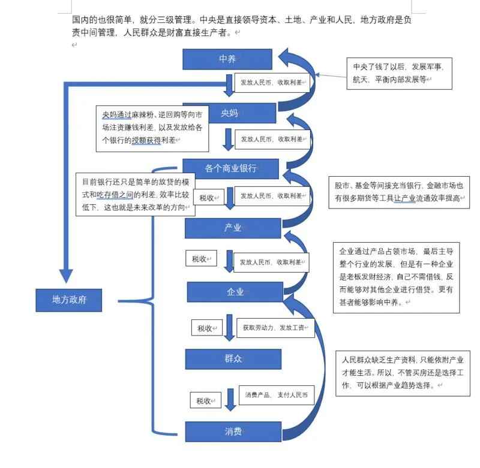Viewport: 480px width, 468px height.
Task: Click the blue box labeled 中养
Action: click(x=227, y=59)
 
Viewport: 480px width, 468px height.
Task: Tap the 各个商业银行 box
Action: click(x=231, y=168)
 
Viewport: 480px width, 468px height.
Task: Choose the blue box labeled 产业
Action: click(x=233, y=228)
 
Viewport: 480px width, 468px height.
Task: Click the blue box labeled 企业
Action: click(x=235, y=292)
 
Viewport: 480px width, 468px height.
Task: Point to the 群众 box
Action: click(x=233, y=358)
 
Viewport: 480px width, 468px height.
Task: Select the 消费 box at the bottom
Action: click(x=233, y=431)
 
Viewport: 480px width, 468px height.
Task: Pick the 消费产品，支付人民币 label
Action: click(x=276, y=395)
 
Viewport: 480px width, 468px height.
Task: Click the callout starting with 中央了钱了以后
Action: click(x=398, y=73)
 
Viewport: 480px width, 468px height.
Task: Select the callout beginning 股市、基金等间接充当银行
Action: click(x=398, y=192)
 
